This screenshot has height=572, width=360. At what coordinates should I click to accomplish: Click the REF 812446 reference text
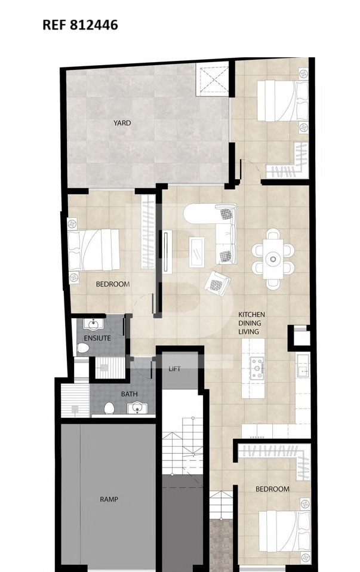[80, 25]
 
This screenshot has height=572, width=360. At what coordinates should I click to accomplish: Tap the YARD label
[122, 123]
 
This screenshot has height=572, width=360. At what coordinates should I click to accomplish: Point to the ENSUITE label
[97, 338]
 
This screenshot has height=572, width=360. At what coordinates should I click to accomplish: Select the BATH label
[129, 394]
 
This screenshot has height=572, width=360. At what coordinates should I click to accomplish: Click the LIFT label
[174, 369]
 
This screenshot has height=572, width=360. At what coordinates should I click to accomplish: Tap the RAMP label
[109, 499]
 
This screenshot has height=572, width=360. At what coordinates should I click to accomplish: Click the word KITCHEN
[251, 315]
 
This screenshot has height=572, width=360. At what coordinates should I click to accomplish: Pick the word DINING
[250, 323]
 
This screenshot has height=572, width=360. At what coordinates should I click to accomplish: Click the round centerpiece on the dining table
[273, 259]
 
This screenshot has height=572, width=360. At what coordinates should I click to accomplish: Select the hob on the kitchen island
[257, 368]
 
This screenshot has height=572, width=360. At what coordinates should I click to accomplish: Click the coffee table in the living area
[196, 252]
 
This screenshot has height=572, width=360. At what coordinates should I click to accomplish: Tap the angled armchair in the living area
[217, 283]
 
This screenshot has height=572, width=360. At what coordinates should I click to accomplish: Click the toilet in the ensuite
[83, 347]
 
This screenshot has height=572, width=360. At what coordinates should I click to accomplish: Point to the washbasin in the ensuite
[93, 324]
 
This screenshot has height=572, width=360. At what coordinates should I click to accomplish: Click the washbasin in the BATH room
[137, 408]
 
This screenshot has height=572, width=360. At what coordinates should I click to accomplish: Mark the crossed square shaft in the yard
[213, 79]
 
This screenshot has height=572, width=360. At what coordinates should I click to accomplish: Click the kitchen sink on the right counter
[303, 366]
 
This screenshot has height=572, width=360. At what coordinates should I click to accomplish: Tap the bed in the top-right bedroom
[282, 101]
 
